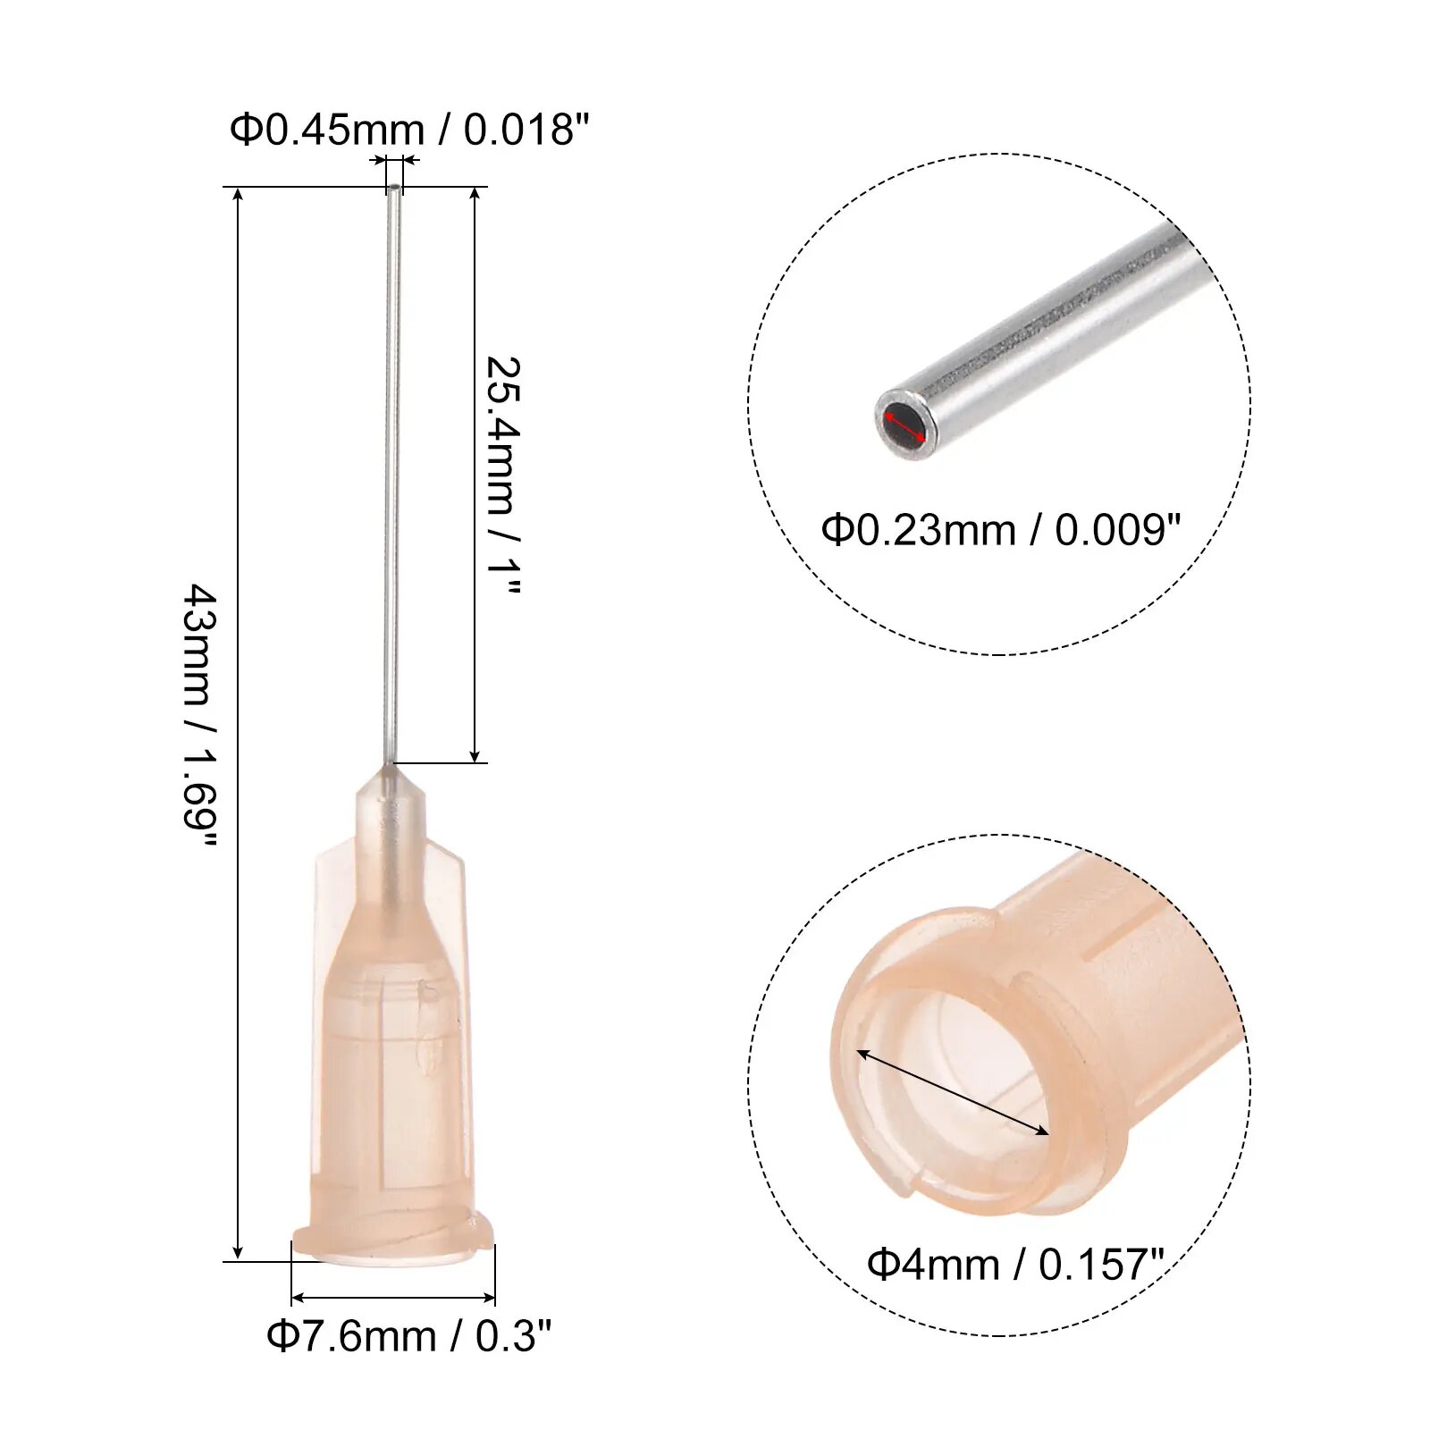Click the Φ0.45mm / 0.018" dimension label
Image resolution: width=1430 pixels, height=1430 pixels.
(x=409, y=130)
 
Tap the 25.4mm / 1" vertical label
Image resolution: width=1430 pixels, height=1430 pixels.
(x=502, y=475)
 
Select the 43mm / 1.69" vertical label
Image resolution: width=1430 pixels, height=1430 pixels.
(x=201, y=717)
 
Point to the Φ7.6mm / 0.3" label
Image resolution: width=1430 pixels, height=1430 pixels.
(x=408, y=1336)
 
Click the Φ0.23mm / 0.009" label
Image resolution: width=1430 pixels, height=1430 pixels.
(x=1001, y=530)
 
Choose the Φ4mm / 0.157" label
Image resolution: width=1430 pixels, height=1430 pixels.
(x=1015, y=1264)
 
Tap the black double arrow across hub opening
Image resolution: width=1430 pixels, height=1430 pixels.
(x=953, y=1093)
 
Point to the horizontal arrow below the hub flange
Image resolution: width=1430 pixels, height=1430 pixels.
(x=393, y=1297)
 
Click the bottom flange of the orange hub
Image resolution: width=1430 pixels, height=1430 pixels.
(x=393, y=1245)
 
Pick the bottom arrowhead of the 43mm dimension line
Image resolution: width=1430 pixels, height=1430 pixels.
(x=238, y=1251)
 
